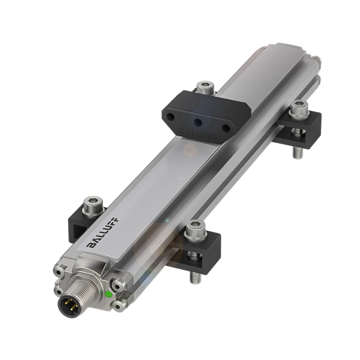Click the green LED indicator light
click(108, 294)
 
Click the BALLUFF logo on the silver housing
click(103, 232)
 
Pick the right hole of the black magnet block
click(226, 128)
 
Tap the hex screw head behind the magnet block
click(206, 86)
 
